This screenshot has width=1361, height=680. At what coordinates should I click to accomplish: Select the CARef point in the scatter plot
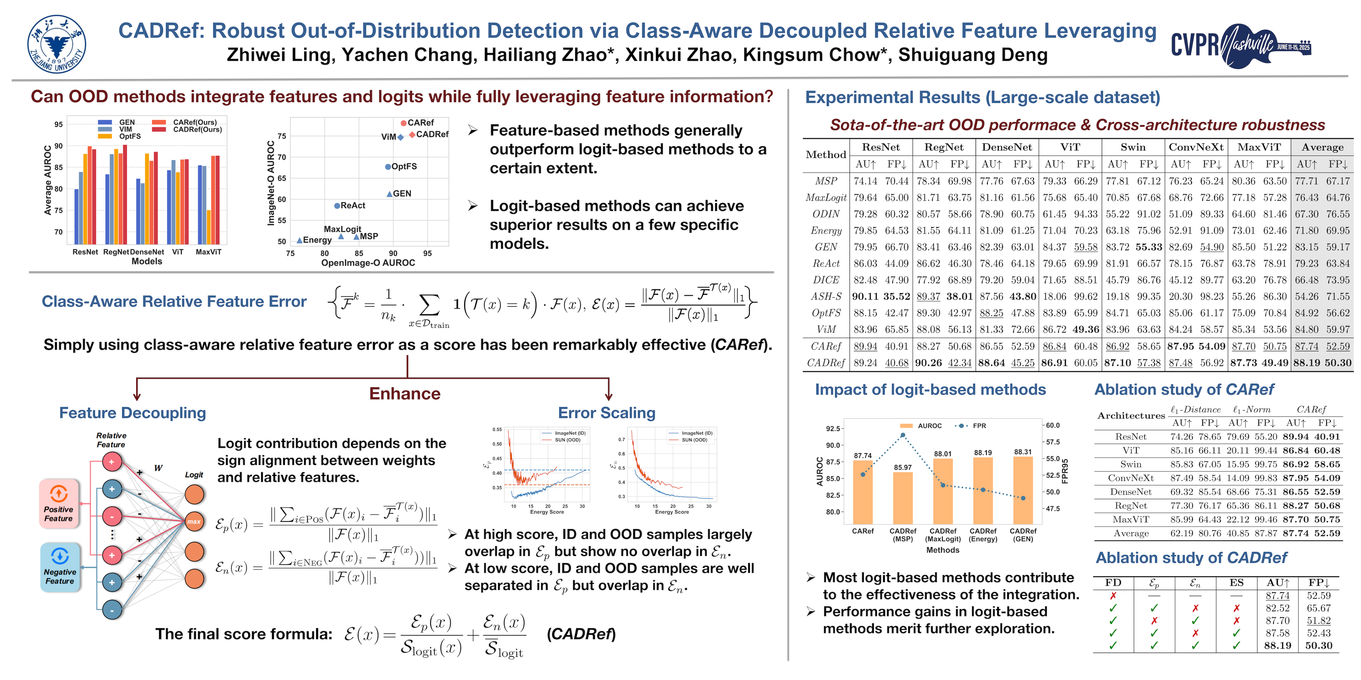tap(404, 123)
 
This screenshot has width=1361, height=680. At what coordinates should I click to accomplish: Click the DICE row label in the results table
tap(826, 280)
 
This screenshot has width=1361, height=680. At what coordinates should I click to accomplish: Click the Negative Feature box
tap(60, 567)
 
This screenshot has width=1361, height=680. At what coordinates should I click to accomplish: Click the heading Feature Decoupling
tap(133, 413)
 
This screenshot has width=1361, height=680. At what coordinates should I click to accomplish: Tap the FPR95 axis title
tap(1065, 471)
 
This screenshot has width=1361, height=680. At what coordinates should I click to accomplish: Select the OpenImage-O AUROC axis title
tap(368, 263)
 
